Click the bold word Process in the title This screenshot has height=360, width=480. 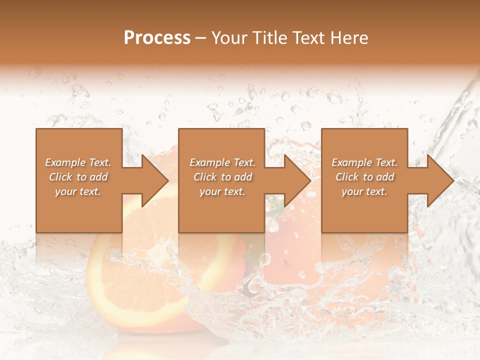click(x=157, y=38)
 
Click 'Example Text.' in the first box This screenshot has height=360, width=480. click(x=78, y=162)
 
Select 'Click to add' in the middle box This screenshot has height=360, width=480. click(x=222, y=177)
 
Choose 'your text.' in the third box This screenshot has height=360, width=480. click(x=364, y=191)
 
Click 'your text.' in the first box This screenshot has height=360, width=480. click(x=78, y=191)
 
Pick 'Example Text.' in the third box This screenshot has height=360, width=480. click(x=364, y=162)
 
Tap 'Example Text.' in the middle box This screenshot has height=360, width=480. click(x=222, y=162)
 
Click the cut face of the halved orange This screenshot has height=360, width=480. click(x=150, y=280)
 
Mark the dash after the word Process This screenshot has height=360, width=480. click(x=201, y=38)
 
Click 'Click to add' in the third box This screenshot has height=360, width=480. click(x=364, y=177)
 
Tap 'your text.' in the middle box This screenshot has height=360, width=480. click(x=222, y=191)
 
